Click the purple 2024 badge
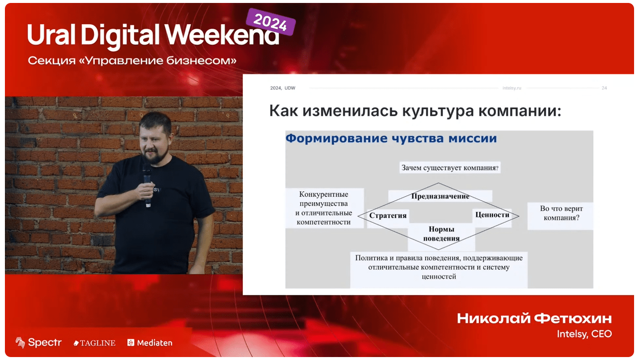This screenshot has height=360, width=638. pyautogui.click(x=270, y=22)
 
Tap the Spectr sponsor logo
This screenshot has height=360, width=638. pyautogui.click(x=38, y=342)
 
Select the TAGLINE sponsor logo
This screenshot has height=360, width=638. pyautogui.click(x=94, y=343)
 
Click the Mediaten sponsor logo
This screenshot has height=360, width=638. pyautogui.click(x=150, y=343)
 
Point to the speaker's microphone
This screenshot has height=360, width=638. pyautogui.click(x=147, y=185)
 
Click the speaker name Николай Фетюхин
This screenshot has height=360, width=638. pyautogui.click(x=534, y=319)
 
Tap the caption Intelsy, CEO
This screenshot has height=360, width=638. pyautogui.click(x=584, y=334)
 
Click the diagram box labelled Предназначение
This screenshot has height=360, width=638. pyautogui.click(x=440, y=196)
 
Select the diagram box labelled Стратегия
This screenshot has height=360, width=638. pyautogui.click(x=388, y=215)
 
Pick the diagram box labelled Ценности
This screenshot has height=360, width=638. pyautogui.click(x=492, y=215)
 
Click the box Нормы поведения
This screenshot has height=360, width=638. pyautogui.click(x=441, y=234)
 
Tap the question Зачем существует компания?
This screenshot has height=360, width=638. pyautogui.click(x=450, y=168)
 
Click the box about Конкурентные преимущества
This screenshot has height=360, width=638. pyautogui.click(x=324, y=208)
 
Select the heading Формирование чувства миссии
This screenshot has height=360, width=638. pyautogui.click(x=391, y=138)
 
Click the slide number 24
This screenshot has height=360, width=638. pyautogui.click(x=604, y=88)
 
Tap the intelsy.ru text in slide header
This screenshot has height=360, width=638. pyautogui.click(x=512, y=88)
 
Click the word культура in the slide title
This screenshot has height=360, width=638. pyautogui.click(x=438, y=111)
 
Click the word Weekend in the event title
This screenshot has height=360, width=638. pyautogui.click(x=222, y=34)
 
